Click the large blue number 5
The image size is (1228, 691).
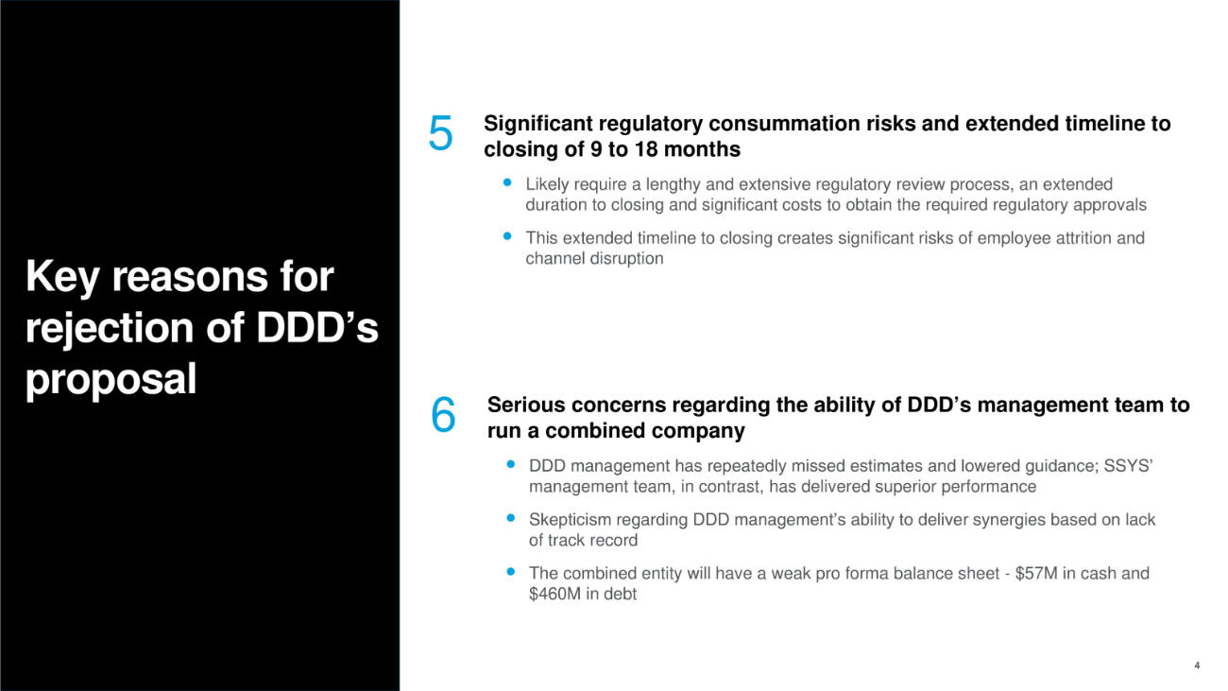click(x=440, y=132)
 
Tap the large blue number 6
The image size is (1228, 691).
click(x=443, y=415)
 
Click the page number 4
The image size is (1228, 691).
click(x=1197, y=665)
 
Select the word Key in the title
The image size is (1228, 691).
click(x=62, y=278)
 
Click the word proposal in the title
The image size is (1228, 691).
click(x=111, y=379)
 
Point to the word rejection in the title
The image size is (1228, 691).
click(x=110, y=327)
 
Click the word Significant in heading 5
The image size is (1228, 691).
click(x=537, y=124)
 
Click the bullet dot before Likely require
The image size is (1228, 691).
click(x=507, y=182)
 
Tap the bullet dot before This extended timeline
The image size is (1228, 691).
click(x=507, y=235)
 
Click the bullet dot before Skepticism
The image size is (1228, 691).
click(x=511, y=518)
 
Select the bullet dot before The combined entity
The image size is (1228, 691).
click(x=511, y=572)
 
